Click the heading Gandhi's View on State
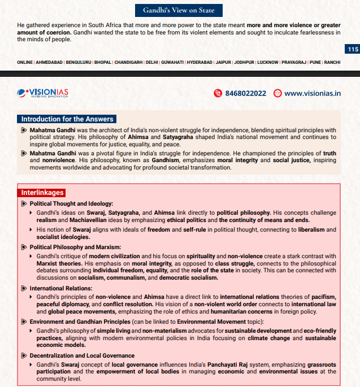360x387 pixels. (x=179, y=10)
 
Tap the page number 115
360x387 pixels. (x=353, y=50)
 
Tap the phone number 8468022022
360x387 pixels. (x=245, y=93)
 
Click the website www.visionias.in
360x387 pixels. (x=313, y=93)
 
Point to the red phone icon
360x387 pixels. (x=218, y=93)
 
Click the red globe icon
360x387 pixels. (x=277, y=93)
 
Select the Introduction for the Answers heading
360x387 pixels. (x=67, y=119)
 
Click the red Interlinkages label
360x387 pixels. (x=42, y=193)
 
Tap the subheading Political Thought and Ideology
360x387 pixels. (x=71, y=203)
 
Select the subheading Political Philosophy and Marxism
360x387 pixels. (x=75, y=247)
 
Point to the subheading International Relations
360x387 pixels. (x=62, y=288)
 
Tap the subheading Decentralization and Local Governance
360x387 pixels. (x=82, y=355)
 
